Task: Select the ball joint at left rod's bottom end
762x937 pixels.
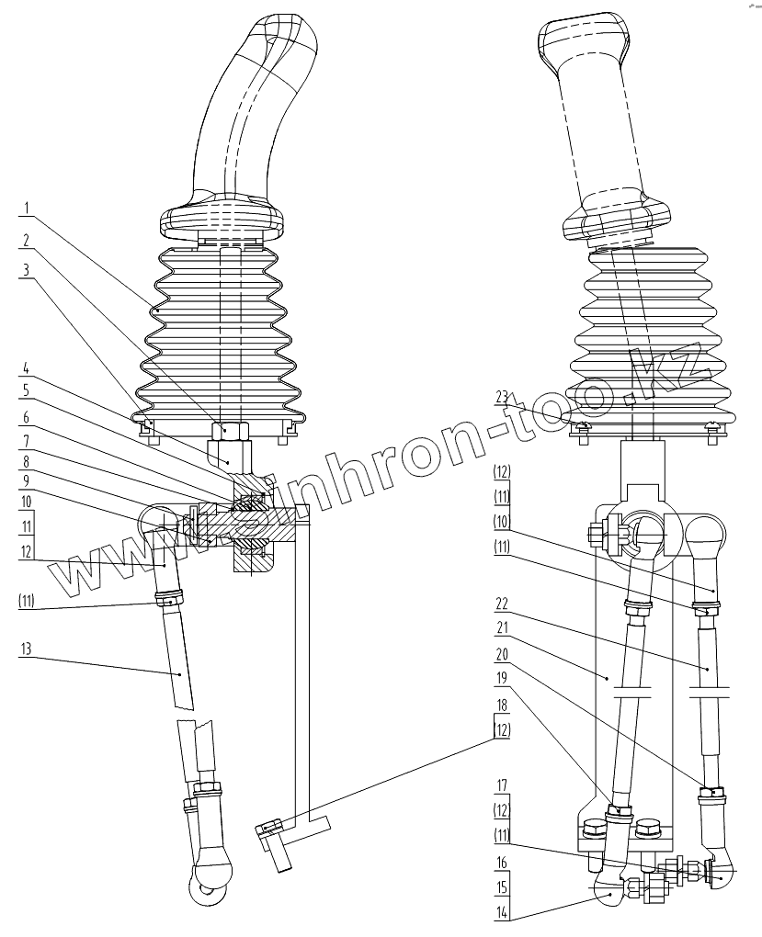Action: pos(210,881)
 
